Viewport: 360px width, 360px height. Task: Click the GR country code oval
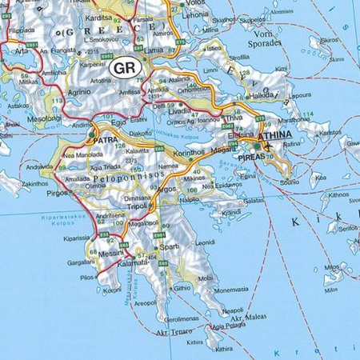125,67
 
